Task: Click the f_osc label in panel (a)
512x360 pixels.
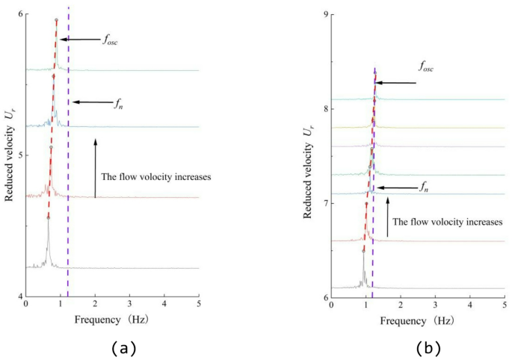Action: pyautogui.click(x=110, y=40)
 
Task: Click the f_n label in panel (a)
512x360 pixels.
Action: pyautogui.click(x=118, y=103)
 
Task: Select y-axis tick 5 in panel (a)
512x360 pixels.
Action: pyautogui.click(x=19, y=155)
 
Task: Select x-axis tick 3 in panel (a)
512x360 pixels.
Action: pyautogui.click(x=129, y=305)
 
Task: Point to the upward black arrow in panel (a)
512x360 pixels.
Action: pyautogui.click(x=96, y=167)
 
